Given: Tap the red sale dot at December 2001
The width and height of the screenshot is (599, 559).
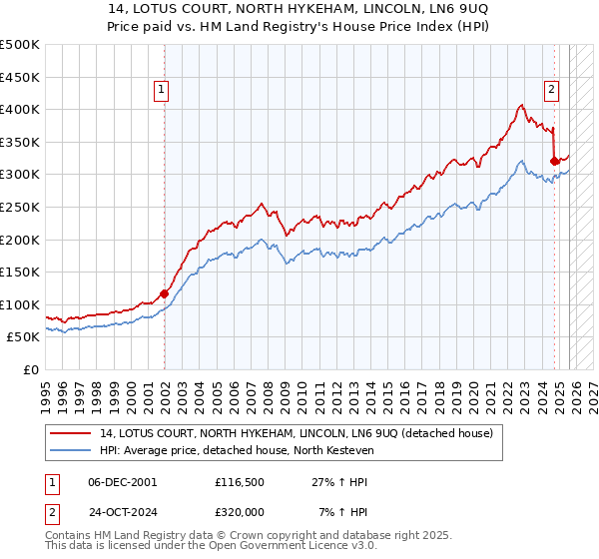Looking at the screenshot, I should [x=165, y=293].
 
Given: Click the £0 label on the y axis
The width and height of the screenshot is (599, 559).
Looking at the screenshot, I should [x=31, y=369].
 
